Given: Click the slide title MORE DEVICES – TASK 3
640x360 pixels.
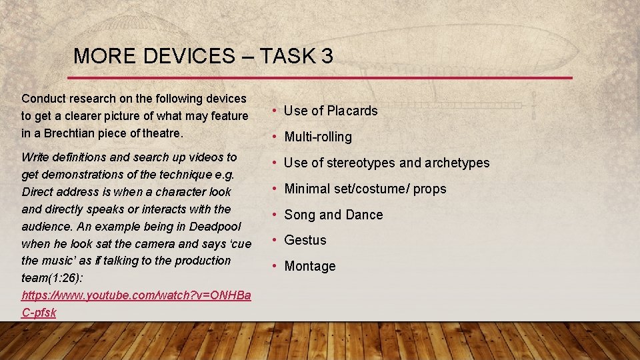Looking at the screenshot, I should tap(203, 56).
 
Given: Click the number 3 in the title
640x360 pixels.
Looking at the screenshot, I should tap(327, 56).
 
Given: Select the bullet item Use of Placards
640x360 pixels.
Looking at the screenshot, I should tap(331, 111).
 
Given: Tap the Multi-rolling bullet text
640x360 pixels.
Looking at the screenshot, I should tap(317, 137).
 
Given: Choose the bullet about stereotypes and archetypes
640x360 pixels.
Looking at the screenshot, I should tap(387, 163).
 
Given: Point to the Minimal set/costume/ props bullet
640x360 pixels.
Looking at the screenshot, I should tap(365, 189).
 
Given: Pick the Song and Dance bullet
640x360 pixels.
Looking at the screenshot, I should tap(333, 215).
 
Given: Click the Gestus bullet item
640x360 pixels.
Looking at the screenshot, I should tap(305, 240).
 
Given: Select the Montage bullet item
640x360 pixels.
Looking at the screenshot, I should tap(309, 266).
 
